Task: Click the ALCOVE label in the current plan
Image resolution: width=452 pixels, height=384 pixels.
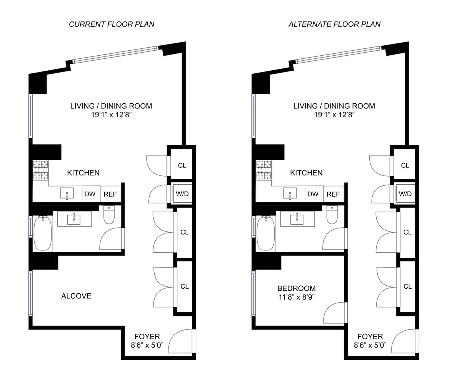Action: pyautogui.click(x=76, y=296)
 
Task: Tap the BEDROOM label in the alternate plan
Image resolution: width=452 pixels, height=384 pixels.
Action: pyautogui.click(x=296, y=288)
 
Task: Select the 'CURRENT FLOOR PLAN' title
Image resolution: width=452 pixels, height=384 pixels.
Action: pyautogui.click(x=112, y=24)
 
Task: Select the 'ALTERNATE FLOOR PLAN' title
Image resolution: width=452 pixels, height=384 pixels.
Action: pyautogui.click(x=334, y=24)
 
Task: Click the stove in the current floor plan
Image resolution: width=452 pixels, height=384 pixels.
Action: pyautogui.click(x=42, y=170)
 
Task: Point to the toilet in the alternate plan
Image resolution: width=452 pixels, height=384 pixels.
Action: pyautogui.click(x=332, y=215)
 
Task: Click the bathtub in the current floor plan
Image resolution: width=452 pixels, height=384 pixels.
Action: pyautogui.click(x=42, y=233)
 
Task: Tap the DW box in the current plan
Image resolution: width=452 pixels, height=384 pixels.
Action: pyautogui.click(x=90, y=194)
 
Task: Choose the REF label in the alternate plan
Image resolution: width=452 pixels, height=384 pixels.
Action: pyautogui.click(x=333, y=194)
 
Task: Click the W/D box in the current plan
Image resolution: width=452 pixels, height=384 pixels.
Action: pyautogui.click(x=182, y=194)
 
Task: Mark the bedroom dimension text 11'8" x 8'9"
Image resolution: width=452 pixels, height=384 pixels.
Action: pyautogui.click(x=296, y=297)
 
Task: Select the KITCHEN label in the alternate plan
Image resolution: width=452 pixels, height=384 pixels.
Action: pyautogui.click(x=306, y=173)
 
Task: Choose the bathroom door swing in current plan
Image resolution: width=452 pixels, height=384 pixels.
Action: pyautogui.click(x=112, y=239)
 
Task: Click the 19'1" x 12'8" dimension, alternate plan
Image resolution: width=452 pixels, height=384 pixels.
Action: pyautogui.click(x=334, y=114)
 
